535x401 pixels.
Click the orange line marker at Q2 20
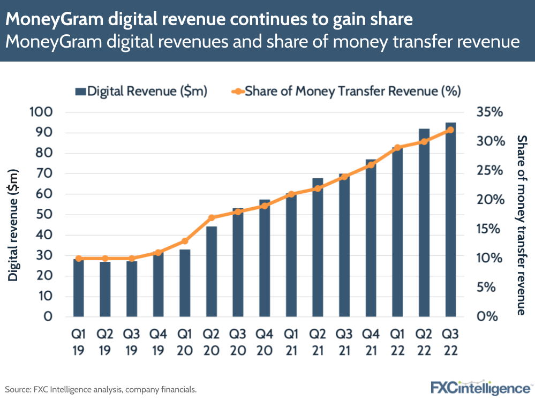pos(212,218)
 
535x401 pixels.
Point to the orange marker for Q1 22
pos(397,147)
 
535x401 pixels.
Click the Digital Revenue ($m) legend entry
pos(141,91)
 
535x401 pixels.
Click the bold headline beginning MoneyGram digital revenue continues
pos(209,20)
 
